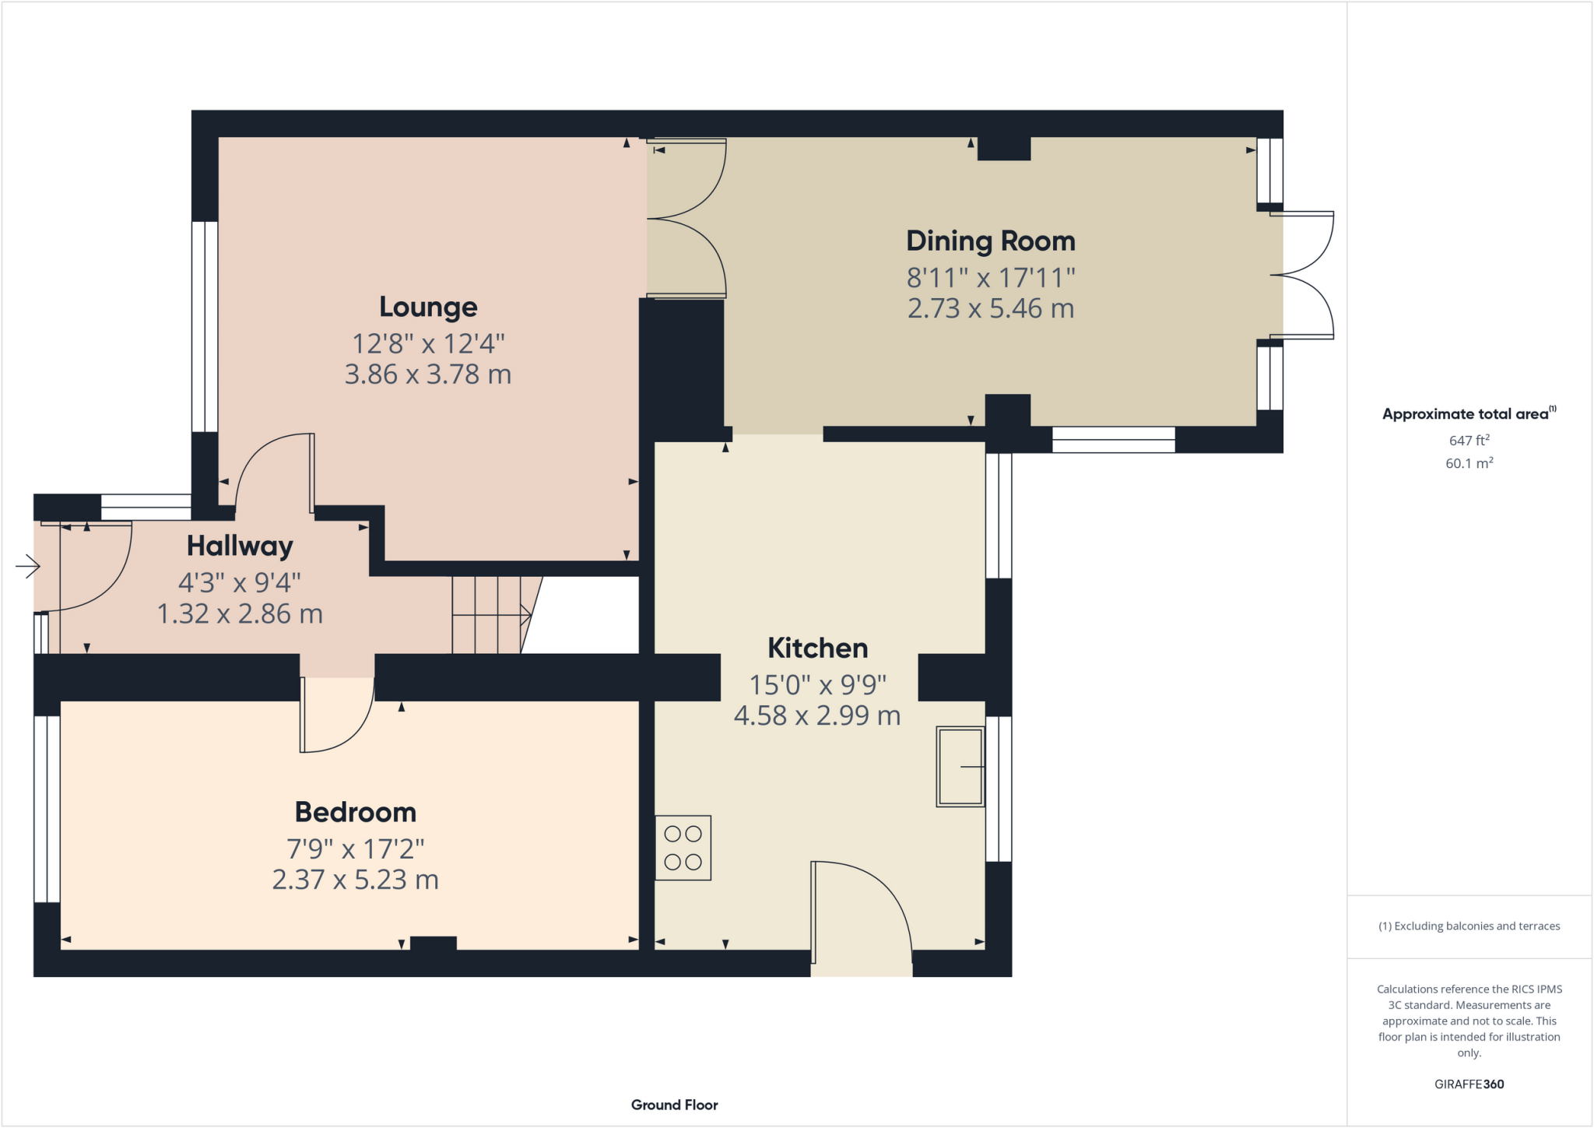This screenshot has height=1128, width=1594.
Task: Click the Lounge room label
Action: click(428, 307)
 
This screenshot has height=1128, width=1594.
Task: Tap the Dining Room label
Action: click(990, 241)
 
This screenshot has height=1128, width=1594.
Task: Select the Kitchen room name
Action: click(817, 648)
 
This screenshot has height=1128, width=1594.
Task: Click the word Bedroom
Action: click(355, 812)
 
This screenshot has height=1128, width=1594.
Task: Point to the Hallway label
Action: click(240, 546)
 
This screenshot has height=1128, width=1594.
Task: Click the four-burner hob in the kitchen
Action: click(683, 848)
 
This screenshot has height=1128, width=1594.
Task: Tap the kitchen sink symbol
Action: click(960, 767)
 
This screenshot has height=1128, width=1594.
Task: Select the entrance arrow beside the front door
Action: click(27, 566)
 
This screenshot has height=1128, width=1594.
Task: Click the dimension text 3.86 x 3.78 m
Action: click(428, 374)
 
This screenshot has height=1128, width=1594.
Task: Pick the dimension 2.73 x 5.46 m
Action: click(990, 308)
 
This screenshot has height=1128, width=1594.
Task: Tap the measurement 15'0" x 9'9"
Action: click(817, 685)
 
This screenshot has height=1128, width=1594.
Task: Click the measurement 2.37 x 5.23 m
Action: click(355, 880)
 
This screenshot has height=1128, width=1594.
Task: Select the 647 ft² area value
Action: click(1469, 441)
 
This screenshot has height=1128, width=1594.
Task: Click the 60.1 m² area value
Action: click(1469, 463)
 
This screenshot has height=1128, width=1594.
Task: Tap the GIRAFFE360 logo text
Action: click(1469, 1084)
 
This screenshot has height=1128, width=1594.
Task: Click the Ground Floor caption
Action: click(674, 1105)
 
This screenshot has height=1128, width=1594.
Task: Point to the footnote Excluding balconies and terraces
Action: click(1469, 926)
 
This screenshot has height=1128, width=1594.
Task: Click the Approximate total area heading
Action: click(1467, 414)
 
